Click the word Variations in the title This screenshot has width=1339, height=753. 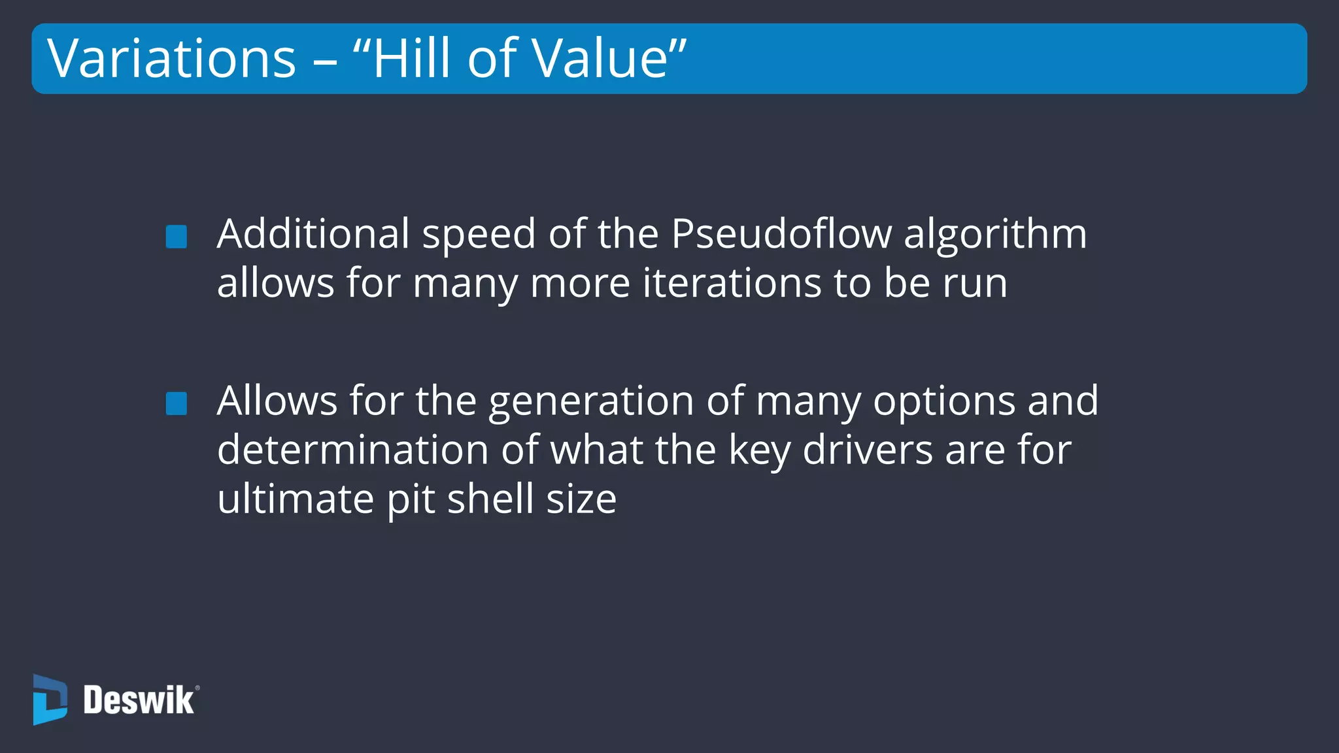(172, 59)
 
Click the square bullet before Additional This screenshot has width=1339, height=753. (177, 237)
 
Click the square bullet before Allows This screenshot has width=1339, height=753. (177, 403)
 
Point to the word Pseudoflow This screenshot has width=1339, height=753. (781, 234)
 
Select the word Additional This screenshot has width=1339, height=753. (313, 234)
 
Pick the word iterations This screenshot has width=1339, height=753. (732, 284)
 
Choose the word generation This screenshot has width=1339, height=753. (591, 402)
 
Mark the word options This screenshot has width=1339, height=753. (944, 402)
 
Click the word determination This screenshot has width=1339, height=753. (353, 450)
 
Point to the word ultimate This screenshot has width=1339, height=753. (296, 499)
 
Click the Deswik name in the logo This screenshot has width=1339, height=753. (139, 701)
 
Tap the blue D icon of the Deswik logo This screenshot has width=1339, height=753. (50, 700)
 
